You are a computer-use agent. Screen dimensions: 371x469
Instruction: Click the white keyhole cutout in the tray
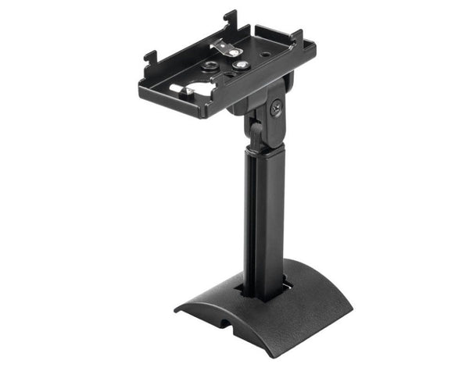pyautogui.click(x=200, y=88)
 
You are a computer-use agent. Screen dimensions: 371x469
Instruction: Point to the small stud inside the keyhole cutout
pyautogui.click(x=188, y=92)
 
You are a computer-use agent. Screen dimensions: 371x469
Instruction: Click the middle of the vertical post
pyautogui.click(x=264, y=219)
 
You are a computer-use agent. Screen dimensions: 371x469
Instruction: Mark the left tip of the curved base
pyautogui.click(x=179, y=307)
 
